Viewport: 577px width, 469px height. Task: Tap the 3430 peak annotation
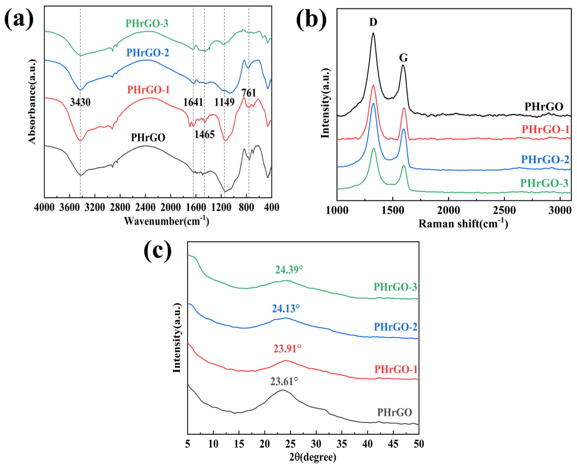80,102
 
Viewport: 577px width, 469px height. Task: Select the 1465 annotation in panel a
204,134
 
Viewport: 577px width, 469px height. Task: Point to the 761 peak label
248,93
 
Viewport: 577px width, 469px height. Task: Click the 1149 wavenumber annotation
225,102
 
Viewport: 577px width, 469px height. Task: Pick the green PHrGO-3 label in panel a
147,24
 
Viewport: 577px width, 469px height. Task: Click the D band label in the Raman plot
373,22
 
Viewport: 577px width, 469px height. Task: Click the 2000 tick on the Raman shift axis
449,210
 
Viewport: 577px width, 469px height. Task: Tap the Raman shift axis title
463,224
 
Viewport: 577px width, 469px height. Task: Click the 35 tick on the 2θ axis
342,444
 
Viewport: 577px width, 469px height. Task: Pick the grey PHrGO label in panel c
394,413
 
